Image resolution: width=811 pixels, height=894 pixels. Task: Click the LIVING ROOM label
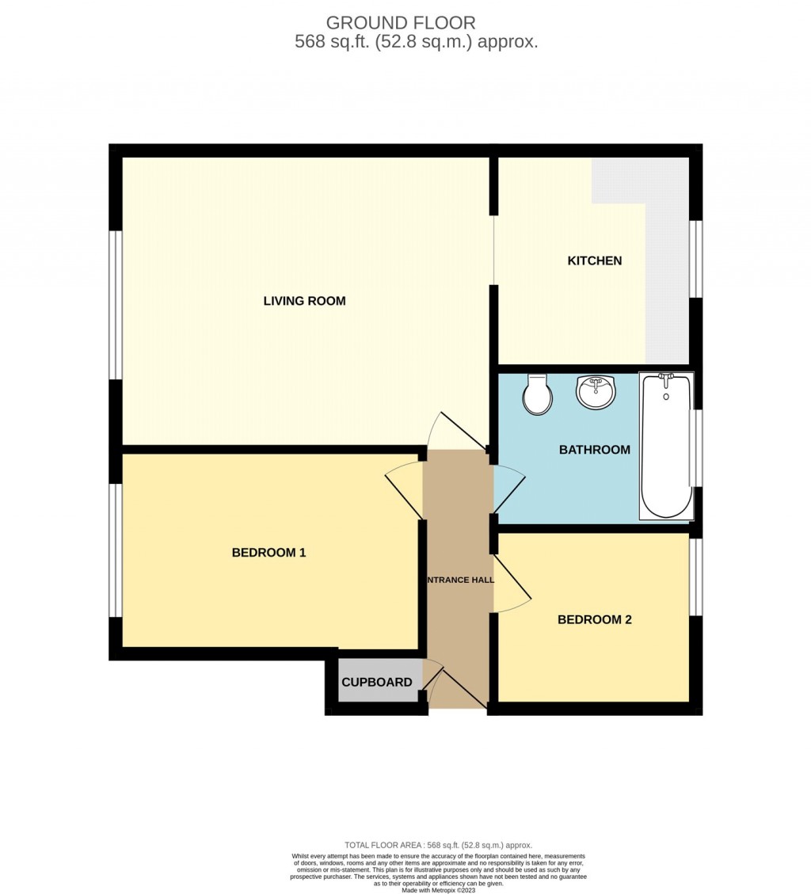pyautogui.click(x=304, y=301)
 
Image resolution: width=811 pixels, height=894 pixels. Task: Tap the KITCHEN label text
pyautogui.click(x=594, y=261)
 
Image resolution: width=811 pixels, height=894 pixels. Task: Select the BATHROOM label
pyautogui.click(x=594, y=450)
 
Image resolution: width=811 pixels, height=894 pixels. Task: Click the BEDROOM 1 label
pyautogui.click(x=268, y=553)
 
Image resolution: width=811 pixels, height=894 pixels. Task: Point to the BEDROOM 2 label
pyautogui.click(x=594, y=620)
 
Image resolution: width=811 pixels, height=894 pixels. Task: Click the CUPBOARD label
pyautogui.click(x=376, y=683)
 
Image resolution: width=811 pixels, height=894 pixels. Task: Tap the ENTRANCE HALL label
pyautogui.click(x=460, y=580)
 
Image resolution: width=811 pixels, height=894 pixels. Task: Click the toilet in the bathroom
pyautogui.click(x=539, y=394)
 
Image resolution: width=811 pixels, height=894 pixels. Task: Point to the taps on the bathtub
pyautogui.click(x=666, y=381)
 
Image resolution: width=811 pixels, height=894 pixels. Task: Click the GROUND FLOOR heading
pyautogui.click(x=401, y=23)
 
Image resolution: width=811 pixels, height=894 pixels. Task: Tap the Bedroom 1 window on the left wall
pyautogui.click(x=116, y=550)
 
